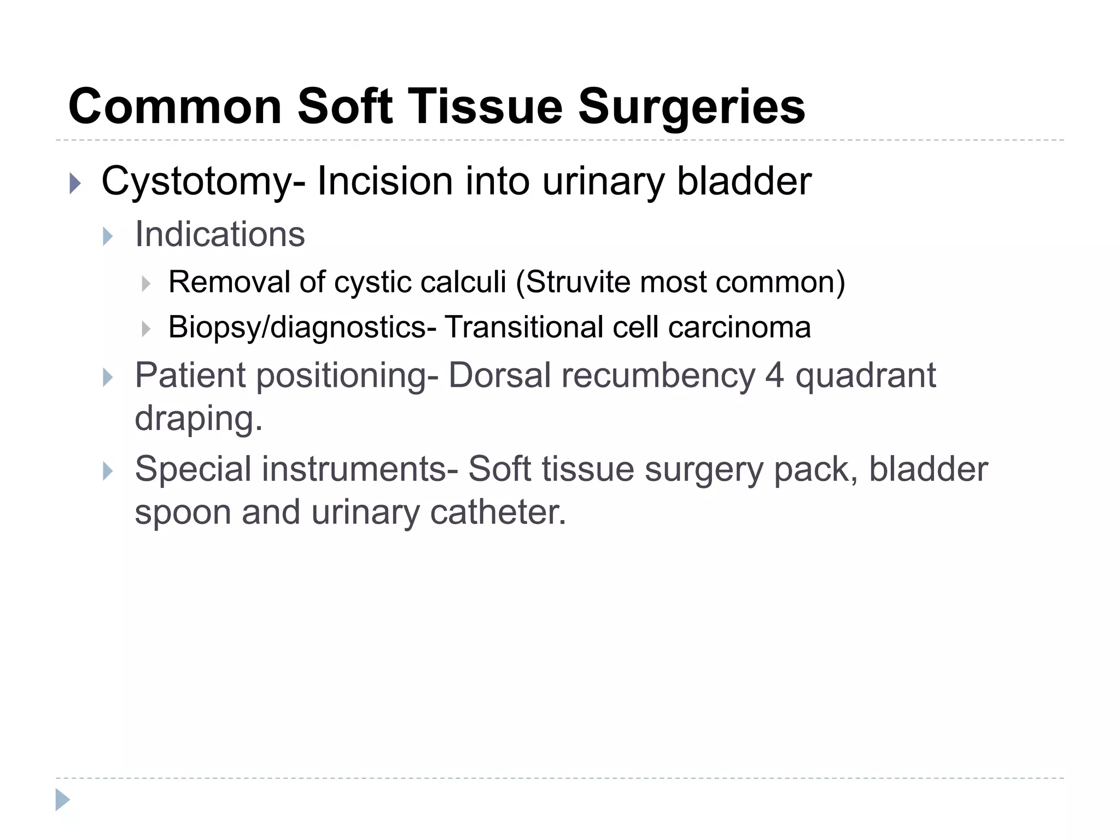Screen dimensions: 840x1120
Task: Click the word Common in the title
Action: click(175, 107)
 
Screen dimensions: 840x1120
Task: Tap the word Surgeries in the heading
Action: click(692, 107)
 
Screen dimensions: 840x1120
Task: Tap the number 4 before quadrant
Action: click(774, 376)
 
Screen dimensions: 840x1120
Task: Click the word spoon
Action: click(183, 512)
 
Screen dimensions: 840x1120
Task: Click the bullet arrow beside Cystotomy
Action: click(75, 183)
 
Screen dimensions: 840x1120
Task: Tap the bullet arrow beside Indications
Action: click(108, 236)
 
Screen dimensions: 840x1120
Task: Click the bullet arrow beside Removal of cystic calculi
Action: click(145, 284)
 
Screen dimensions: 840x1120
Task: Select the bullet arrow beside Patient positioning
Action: click(108, 377)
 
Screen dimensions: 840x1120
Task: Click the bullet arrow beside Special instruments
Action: click(108, 471)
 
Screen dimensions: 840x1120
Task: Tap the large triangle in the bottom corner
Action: click(62, 800)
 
